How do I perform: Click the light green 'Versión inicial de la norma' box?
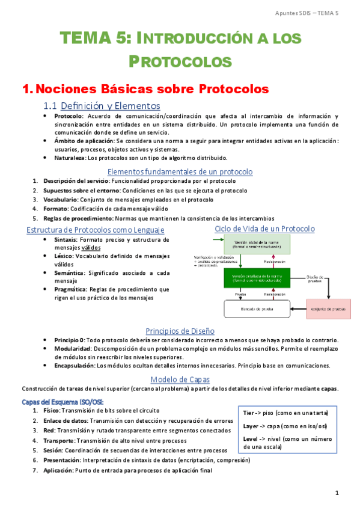pos(257,244)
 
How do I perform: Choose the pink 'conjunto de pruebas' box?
pos(331,309)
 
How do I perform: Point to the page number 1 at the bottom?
pos(337,493)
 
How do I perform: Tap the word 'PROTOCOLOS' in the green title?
pos(180,61)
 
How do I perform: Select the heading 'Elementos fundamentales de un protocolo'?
pos(180,171)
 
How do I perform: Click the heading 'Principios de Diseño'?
pos(180,331)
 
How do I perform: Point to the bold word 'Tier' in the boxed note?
pos(249,413)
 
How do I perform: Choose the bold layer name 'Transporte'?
pos(59,440)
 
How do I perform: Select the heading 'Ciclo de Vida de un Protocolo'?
pos(264,229)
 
